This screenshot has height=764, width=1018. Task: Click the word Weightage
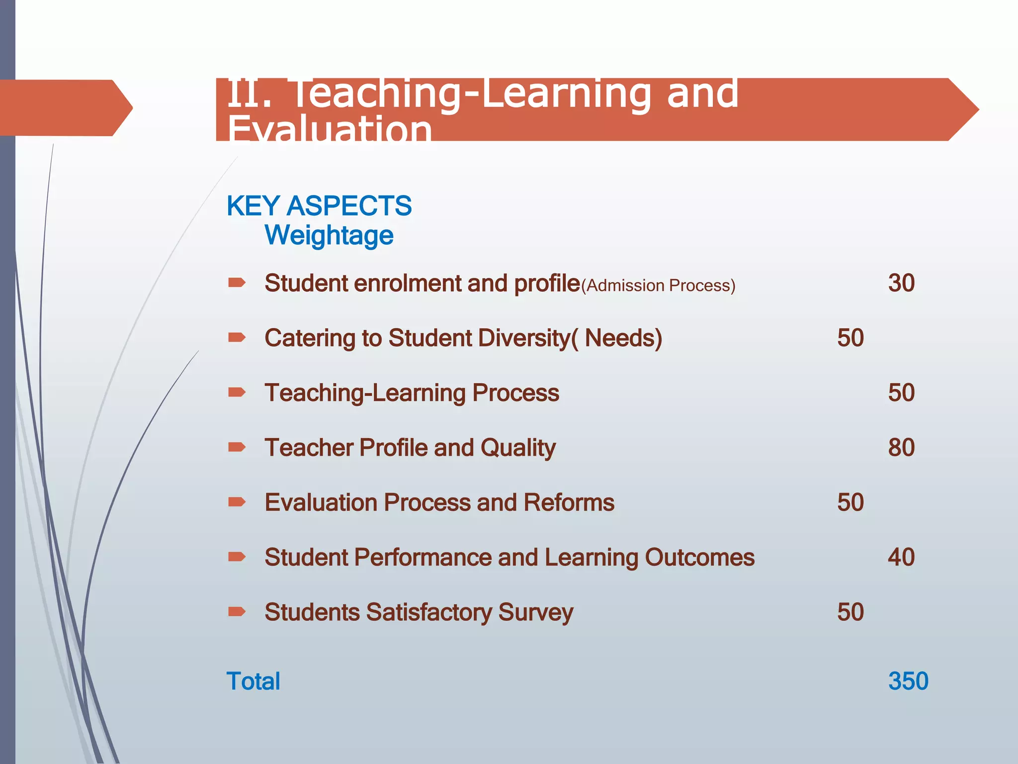[329, 235]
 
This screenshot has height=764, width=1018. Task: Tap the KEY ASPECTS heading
[319, 205]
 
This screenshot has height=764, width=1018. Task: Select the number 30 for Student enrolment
[901, 283]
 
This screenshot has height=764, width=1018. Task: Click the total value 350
[908, 681]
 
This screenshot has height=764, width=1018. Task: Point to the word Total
[254, 681]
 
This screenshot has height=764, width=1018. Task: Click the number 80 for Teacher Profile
[901, 448]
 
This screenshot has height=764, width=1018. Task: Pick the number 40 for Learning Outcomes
[901, 557]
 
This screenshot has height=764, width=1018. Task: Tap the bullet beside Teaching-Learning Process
[237, 392]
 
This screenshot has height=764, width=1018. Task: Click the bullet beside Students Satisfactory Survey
[237, 611]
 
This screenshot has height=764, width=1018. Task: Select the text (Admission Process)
[658, 286]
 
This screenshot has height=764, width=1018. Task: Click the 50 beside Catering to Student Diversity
[850, 338]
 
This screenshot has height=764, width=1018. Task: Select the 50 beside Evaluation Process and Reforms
[850, 502]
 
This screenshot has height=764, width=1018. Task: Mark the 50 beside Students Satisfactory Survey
[850, 612]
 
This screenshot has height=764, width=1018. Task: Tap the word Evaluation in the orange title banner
[330, 129]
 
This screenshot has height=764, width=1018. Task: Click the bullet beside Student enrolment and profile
[237, 283]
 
